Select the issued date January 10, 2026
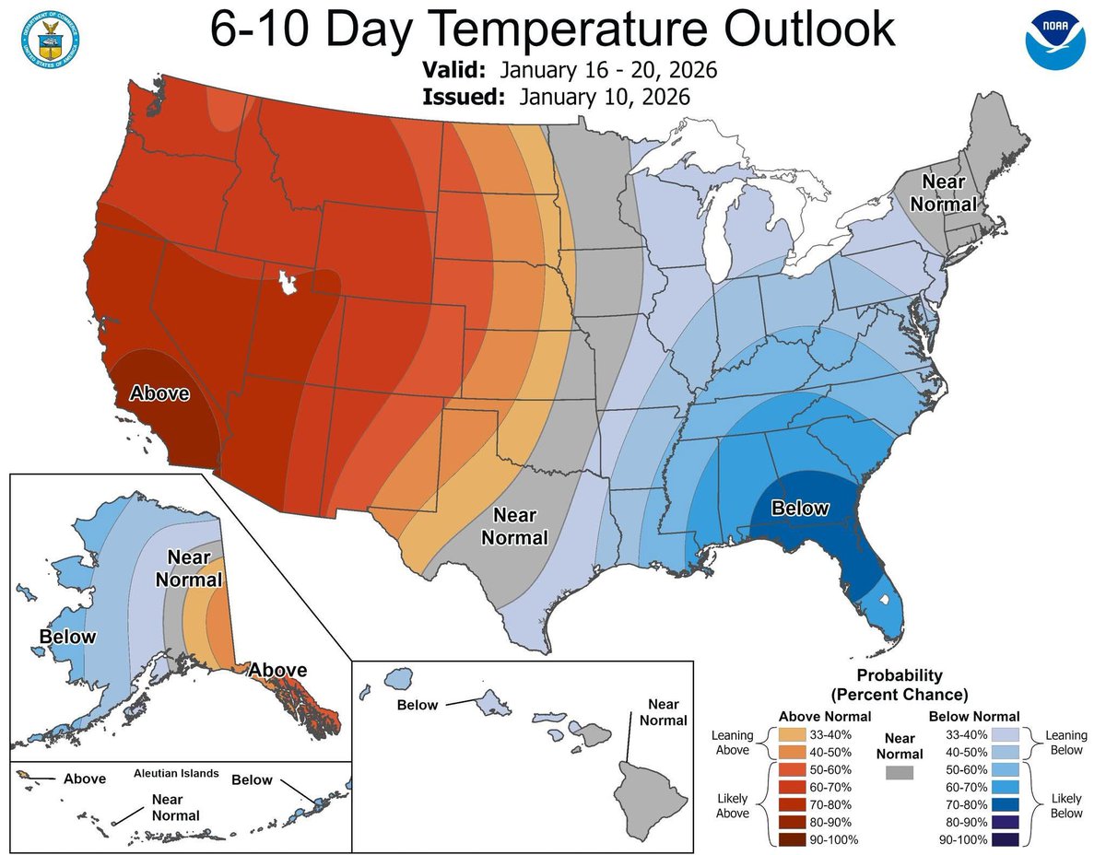(604, 97)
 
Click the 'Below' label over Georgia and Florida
(800, 508)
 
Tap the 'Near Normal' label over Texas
(520, 526)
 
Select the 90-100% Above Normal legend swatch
(792, 839)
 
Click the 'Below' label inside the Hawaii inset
(417, 705)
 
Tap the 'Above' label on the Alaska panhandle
(277, 669)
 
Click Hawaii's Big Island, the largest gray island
(653, 792)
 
